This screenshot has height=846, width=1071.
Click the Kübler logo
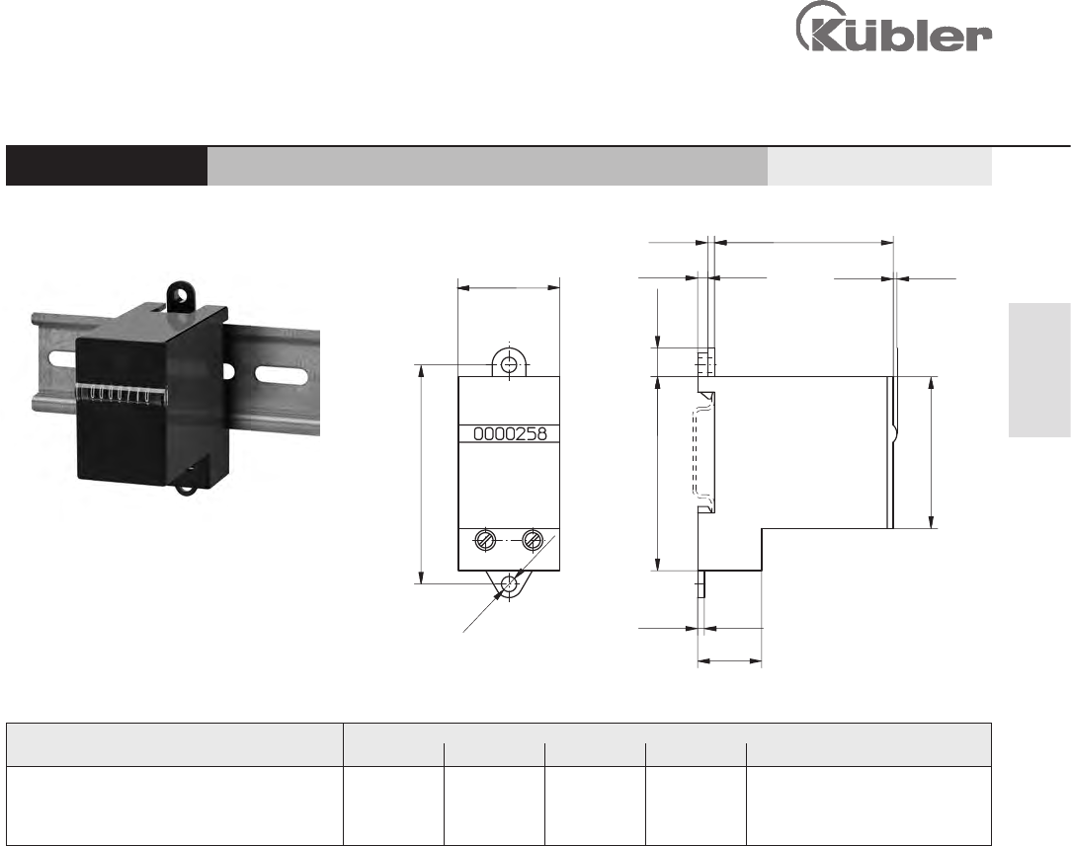tap(893, 28)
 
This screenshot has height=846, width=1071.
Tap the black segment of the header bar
tap(107, 166)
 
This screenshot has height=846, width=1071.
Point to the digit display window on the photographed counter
tap(121, 394)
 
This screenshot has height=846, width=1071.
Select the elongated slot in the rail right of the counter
tap(280, 374)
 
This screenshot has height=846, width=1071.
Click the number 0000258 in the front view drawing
tap(510, 434)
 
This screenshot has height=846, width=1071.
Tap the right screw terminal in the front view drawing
tap(533, 540)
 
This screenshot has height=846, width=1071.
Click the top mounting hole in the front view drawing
tap(509, 365)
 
